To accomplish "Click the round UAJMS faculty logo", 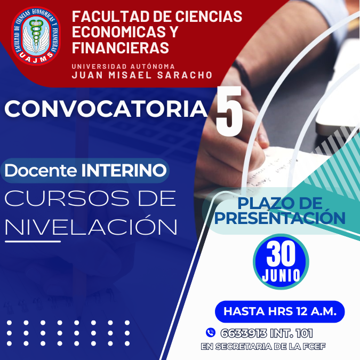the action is [36, 36].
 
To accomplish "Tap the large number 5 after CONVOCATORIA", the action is [229, 111].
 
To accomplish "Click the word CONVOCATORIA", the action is [106, 109].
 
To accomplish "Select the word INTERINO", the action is [124, 170].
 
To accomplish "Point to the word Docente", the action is [41, 170].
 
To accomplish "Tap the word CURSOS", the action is [67, 198].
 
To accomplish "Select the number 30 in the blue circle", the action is [281, 253].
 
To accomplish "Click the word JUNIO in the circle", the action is [281, 275].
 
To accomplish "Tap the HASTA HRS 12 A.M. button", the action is [280, 311].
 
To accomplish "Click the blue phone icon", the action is [211, 332].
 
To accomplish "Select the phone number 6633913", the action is [244, 333].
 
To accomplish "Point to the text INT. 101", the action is [292, 333].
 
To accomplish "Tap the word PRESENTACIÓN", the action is [280, 218].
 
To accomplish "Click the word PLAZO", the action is [265, 203].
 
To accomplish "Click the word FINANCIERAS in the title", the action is [121, 47].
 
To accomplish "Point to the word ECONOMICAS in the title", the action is [119, 31].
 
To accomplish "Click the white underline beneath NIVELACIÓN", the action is [33, 241].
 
